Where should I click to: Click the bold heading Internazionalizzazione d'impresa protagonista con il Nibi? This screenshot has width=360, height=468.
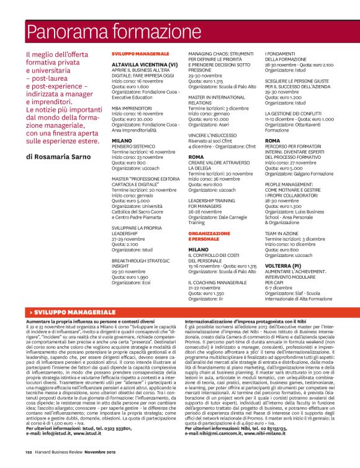(251, 304)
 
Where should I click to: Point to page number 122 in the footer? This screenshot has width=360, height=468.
(29, 454)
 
